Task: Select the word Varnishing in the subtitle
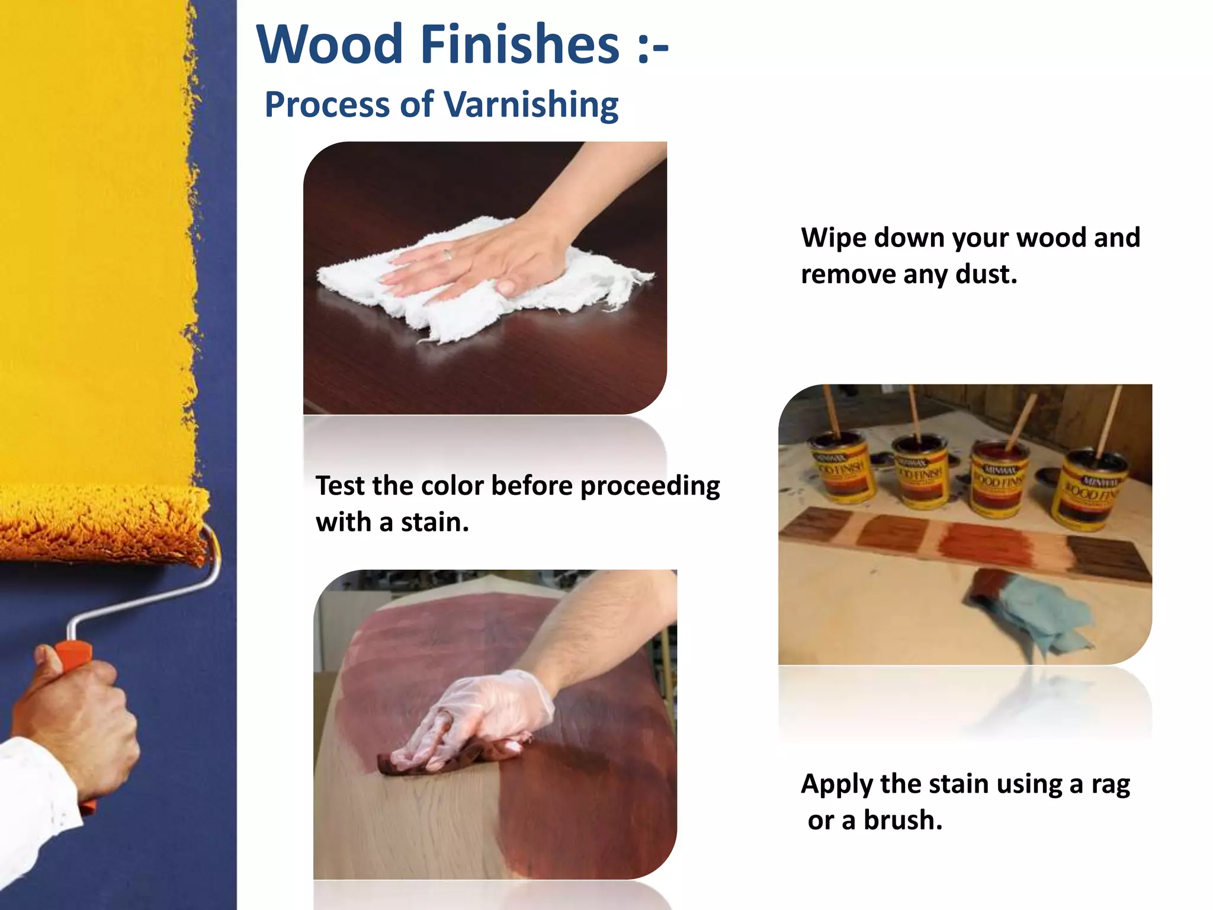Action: (531, 105)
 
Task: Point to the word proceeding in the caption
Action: (650, 486)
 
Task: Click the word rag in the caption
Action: (1111, 785)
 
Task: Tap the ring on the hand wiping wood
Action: (448, 255)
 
